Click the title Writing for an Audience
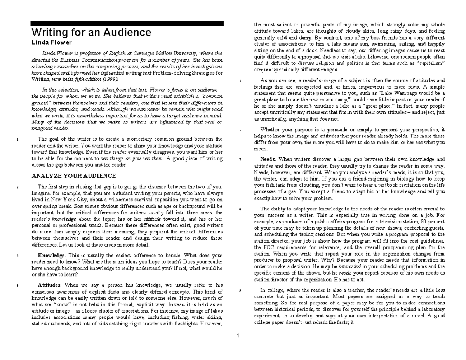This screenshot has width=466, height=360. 91,32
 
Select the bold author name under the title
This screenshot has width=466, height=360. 51,42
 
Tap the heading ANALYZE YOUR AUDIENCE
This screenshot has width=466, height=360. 73,176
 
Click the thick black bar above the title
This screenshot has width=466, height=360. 127,23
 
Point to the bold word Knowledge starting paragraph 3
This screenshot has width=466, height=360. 51,255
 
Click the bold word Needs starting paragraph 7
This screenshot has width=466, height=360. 268,159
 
